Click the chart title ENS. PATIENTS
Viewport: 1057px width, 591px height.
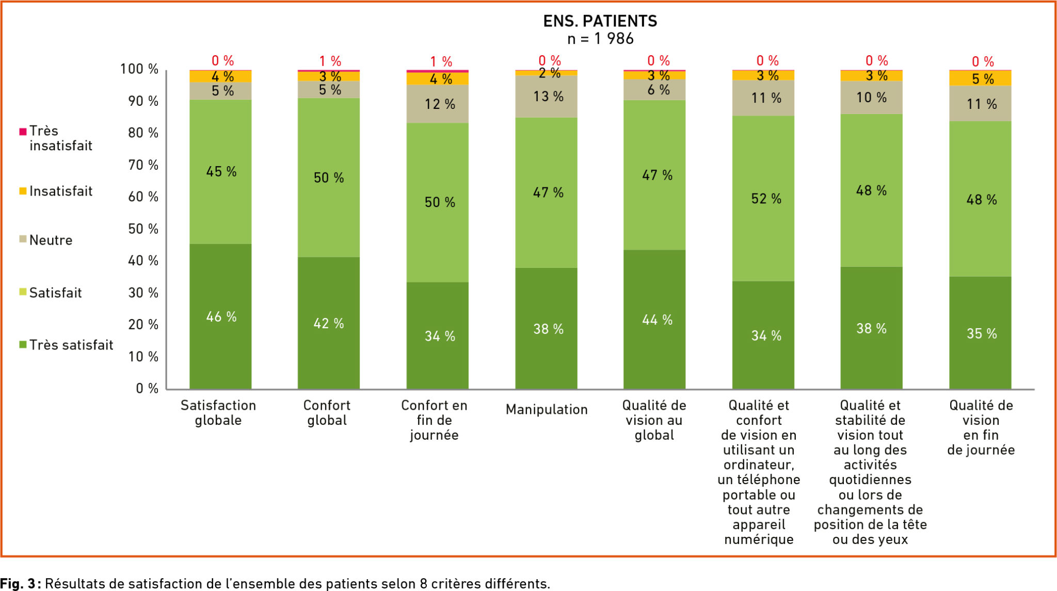click(x=600, y=21)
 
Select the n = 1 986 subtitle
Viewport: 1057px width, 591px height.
click(x=600, y=39)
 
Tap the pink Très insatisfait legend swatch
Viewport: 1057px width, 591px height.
click(x=23, y=132)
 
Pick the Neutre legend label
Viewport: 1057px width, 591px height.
click(x=51, y=240)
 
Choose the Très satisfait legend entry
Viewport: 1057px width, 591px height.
click(x=71, y=345)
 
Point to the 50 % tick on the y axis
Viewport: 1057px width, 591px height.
click(x=143, y=229)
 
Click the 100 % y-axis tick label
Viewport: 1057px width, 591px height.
click(x=139, y=69)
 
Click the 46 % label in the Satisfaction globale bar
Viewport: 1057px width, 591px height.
click(x=221, y=316)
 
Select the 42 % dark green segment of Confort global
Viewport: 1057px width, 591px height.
click(x=329, y=323)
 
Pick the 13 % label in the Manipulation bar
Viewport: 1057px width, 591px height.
click(x=548, y=97)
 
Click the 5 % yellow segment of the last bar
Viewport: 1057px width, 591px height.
click(x=980, y=78)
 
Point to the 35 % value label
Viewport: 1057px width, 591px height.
click(x=982, y=333)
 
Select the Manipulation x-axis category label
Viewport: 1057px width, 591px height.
click(x=547, y=409)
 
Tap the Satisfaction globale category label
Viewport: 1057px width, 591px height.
click(x=218, y=412)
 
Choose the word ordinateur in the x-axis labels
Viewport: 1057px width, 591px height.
click(x=759, y=465)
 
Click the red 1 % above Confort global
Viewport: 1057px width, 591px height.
click(x=330, y=61)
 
